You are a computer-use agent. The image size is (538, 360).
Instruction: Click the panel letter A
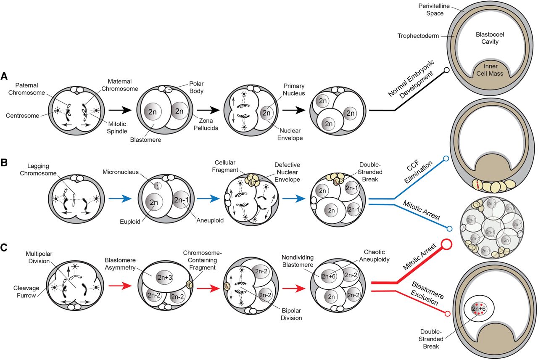pos(4,76)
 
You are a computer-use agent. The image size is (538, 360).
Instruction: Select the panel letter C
pos(4,247)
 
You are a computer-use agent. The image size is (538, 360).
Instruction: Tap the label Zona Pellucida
pos(206,124)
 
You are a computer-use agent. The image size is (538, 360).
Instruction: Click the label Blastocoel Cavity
pos(490,38)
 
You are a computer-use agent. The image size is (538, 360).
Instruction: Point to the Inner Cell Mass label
pos(490,70)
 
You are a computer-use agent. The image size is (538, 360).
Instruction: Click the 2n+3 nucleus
pos(165,278)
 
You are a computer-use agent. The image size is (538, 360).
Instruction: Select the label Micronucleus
pos(120,172)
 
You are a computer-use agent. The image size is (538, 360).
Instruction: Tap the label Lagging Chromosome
pos(38,169)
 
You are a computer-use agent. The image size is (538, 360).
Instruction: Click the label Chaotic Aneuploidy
pos(374,256)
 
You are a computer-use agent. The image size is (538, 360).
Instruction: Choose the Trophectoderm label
pos(418,36)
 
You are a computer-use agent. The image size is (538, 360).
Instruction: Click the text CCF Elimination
pos(418,171)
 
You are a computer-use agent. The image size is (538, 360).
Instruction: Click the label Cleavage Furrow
pos(26,291)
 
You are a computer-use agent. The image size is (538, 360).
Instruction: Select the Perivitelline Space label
pos(434,10)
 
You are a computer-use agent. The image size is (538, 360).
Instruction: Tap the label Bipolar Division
pos(291,314)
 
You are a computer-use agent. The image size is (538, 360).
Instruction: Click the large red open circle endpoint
pos(446,245)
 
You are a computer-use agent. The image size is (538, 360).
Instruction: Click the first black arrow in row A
pos(120,110)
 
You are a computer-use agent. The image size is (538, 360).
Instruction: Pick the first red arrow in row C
pos(120,286)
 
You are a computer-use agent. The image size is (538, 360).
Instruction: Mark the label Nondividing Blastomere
pos(298,261)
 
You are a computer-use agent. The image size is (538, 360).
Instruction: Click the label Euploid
pos(130,222)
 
